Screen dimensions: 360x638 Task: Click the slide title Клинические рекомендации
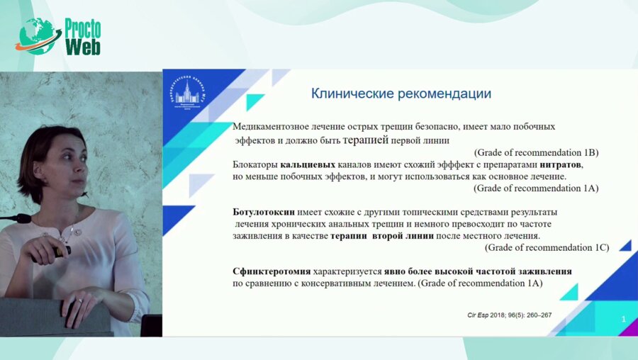(402, 94)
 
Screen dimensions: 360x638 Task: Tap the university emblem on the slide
(189, 96)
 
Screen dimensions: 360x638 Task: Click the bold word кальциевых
(308, 164)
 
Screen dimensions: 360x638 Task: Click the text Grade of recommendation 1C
(547, 247)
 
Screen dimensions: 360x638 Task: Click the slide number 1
(622, 320)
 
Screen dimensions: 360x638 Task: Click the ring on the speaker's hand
(79, 300)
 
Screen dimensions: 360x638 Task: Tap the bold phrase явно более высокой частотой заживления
(478, 271)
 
